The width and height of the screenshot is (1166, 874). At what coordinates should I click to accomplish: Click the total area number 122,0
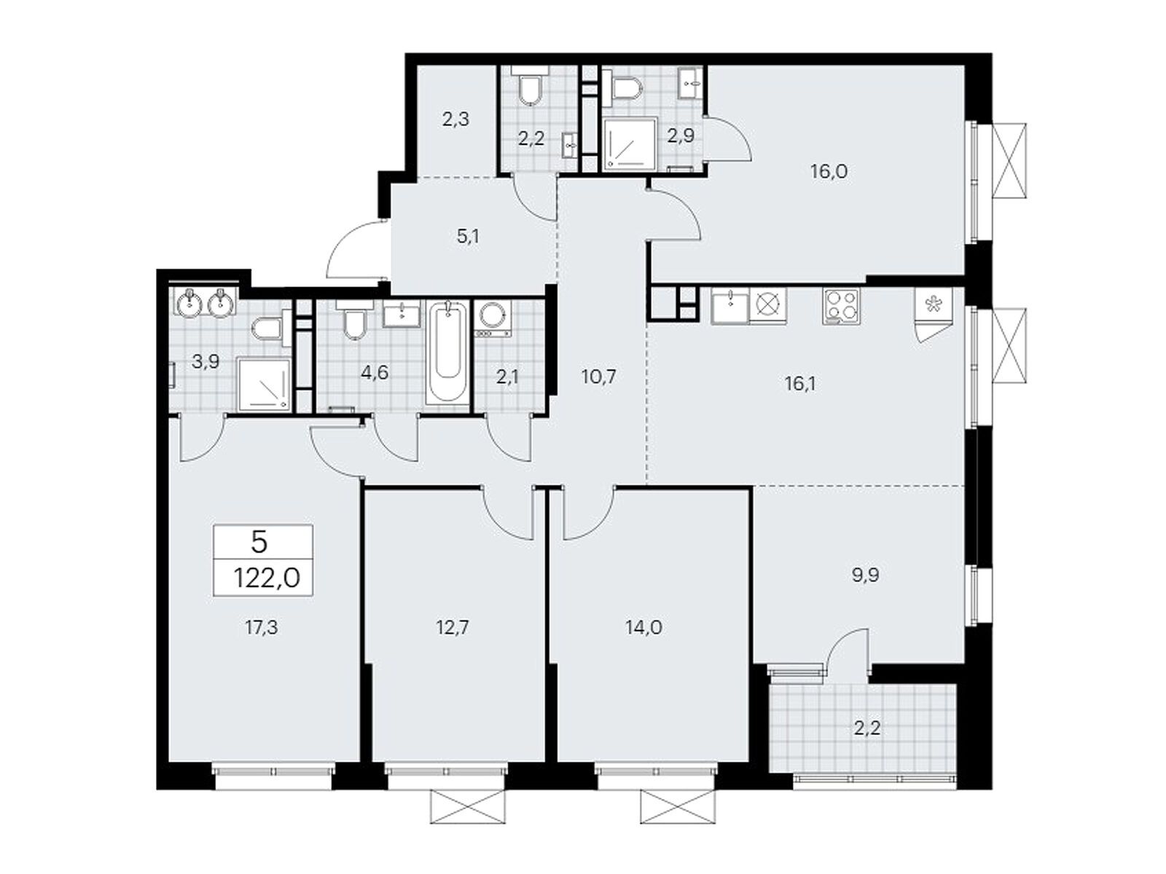[x=267, y=579]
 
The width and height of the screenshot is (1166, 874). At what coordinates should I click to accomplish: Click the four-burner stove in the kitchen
[x=841, y=306]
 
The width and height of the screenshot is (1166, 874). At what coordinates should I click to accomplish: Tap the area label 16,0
[x=829, y=172]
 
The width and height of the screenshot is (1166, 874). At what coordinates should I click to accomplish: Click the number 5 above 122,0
[x=259, y=542]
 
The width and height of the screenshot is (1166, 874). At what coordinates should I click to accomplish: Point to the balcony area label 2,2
[x=865, y=728]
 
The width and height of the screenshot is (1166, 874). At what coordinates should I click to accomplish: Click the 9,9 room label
[x=865, y=575]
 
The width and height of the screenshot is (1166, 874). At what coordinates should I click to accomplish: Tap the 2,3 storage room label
[x=455, y=119]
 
